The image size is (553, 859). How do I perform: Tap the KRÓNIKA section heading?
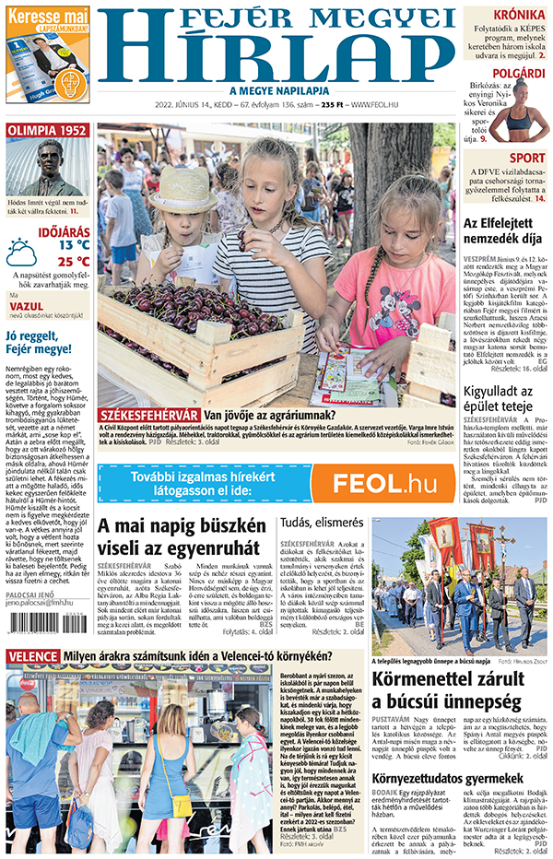click(517, 16)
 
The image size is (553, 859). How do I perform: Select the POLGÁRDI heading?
click(518, 73)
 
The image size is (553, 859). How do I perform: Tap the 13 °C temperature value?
click(74, 245)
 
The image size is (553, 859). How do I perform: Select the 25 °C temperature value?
click(74, 261)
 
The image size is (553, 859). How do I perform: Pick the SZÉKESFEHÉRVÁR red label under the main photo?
click(147, 415)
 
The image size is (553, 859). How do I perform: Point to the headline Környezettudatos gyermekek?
click(449, 779)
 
